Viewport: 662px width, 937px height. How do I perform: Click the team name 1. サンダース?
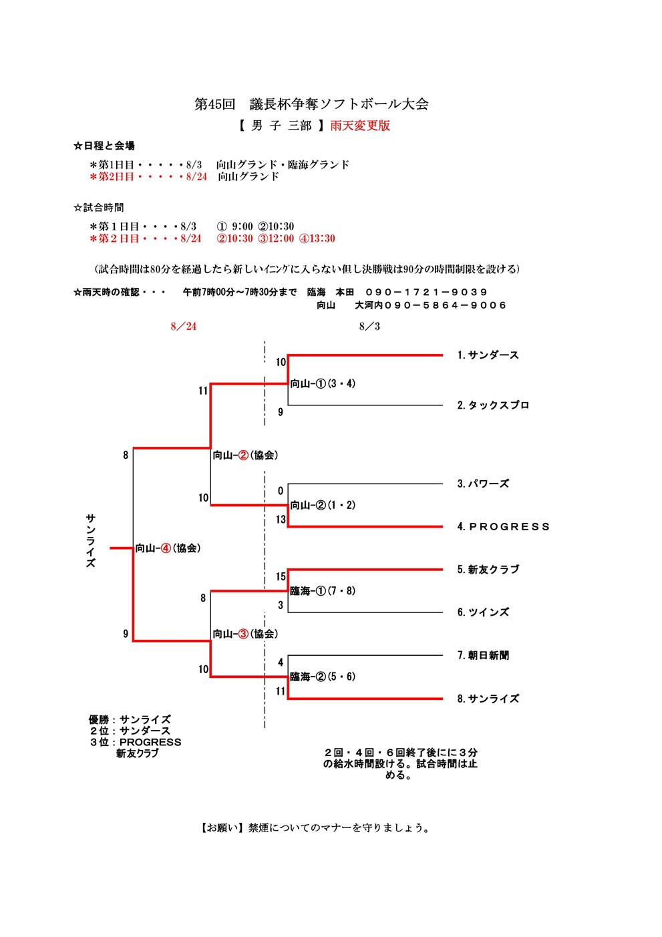click(x=488, y=355)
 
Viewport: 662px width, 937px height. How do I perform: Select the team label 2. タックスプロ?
click(x=493, y=405)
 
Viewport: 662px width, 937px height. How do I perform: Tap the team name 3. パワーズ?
click(x=483, y=484)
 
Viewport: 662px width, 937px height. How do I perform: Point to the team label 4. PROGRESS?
click(x=503, y=527)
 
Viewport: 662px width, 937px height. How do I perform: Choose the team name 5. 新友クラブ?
click(x=488, y=570)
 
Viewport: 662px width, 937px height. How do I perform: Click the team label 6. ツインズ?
click(x=483, y=612)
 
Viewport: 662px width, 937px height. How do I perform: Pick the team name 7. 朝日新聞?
click(x=483, y=656)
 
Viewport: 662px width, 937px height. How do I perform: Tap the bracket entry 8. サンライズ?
click(x=488, y=699)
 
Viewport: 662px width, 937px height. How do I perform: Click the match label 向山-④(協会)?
click(x=168, y=548)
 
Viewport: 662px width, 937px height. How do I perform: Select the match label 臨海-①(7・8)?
click(x=323, y=591)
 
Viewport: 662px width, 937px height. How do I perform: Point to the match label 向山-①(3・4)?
click(x=323, y=384)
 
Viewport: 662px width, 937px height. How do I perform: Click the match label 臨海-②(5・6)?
click(x=323, y=677)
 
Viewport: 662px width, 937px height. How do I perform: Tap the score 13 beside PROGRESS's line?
click(x=281, y=520)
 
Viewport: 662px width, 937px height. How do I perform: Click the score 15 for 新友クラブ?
click(x=281, y=577)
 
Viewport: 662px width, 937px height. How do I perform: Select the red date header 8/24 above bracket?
click(x=184, y=327)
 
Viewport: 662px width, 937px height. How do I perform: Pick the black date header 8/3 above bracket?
click(x=369, y=327)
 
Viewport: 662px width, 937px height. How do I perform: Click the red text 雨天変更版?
click(x=360, y=126)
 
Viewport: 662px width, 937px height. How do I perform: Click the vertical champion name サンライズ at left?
click(x=91, y=541)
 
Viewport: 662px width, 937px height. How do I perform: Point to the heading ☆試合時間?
click(x=99, y=208)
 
